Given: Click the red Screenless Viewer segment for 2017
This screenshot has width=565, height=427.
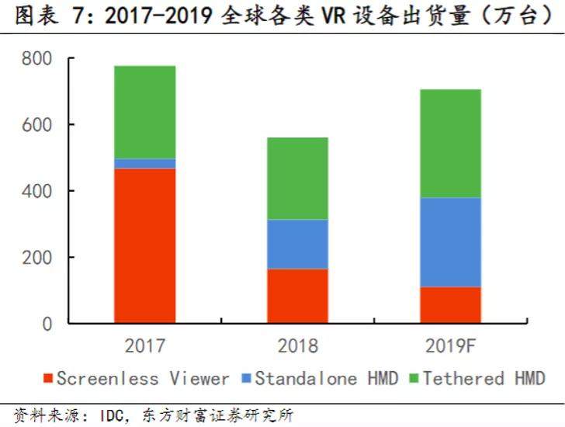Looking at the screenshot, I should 144,245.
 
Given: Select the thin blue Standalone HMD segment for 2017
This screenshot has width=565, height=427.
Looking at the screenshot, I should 144,163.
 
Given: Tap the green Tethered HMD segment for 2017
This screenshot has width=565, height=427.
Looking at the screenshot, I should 144,112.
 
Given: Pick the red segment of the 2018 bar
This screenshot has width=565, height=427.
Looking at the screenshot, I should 297,296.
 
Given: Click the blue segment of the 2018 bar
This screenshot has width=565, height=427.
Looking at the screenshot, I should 297,244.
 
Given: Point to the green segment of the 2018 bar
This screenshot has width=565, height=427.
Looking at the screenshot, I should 297,179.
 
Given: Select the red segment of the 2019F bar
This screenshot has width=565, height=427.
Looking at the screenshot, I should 450,305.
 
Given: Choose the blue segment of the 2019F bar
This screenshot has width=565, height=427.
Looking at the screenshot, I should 450,242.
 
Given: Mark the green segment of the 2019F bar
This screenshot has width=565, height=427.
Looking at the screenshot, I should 450,144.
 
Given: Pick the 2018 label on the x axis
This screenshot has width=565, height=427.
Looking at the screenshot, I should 297,345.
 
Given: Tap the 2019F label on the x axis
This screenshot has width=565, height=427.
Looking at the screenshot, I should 450,345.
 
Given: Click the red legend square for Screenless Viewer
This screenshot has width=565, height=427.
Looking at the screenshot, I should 48,380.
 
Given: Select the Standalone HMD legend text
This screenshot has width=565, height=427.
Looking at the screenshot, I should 326,379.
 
